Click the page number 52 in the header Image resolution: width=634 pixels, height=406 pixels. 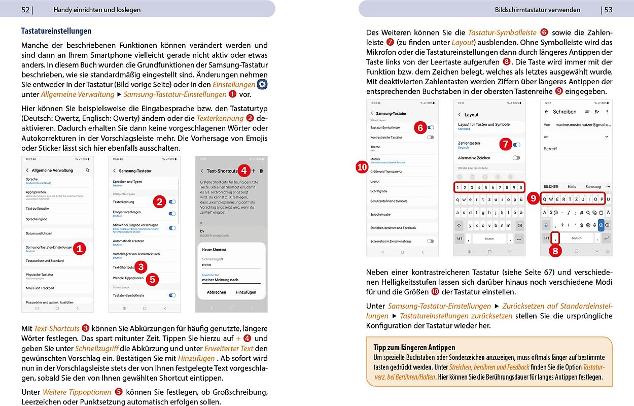point(26,9)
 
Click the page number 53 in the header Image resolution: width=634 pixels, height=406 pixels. point(607,10)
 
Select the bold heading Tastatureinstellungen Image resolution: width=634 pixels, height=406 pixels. point(56,31)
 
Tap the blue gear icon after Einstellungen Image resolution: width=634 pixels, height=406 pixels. point(262,84)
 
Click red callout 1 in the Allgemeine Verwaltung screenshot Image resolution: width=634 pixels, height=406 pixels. point(79,249)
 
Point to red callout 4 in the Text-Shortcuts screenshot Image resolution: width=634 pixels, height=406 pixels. point(244,171)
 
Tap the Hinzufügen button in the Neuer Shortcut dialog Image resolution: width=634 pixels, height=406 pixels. point(246,292)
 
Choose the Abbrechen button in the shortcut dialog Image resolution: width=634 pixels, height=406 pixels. point(217,292)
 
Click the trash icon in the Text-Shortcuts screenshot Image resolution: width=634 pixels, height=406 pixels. point(261,171)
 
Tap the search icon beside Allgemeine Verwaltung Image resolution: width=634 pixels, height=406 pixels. point(88,171)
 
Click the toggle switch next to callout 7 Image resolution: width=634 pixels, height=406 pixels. point(516,145)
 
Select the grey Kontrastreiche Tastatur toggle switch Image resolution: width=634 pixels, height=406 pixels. point(430,138)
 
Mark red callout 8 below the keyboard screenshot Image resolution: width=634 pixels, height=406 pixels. point(556,250)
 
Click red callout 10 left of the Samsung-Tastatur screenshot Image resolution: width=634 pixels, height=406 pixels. point(362,168)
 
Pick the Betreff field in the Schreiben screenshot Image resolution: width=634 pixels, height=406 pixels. point(551,149)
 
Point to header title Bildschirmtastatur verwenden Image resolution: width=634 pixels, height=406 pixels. point(538,10)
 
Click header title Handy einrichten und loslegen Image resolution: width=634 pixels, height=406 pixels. point(97,10)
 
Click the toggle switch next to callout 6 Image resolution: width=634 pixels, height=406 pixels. point(431,128)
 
